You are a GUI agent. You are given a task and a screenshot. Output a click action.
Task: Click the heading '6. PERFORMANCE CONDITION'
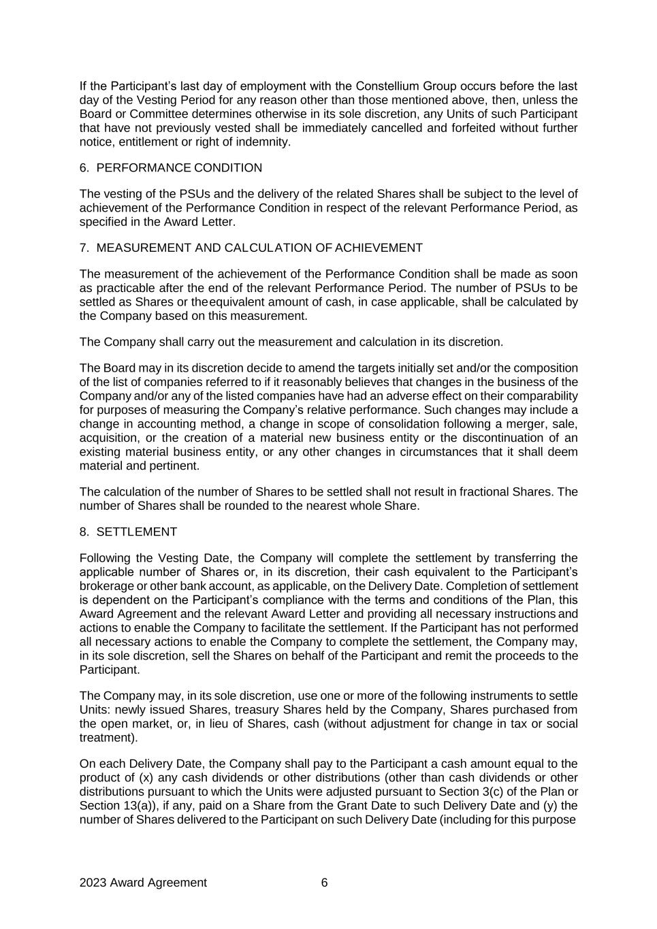pos(170,168)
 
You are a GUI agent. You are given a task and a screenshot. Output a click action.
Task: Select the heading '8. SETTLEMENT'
pos(128,532)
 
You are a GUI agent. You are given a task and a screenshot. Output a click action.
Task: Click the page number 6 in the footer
pos(324,883)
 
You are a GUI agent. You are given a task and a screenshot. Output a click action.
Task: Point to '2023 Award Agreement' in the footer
pos(143,883)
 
